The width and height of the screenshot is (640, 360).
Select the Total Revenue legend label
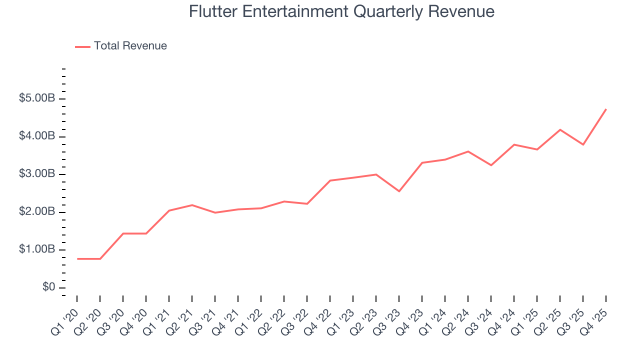[x=130, y=46]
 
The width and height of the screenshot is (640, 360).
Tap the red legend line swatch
[x=82, y=46]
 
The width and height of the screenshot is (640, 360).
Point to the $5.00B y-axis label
[x=37, y=98]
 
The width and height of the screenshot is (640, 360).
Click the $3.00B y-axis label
[x=37, y=174]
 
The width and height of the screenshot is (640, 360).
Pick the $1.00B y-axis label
[x=37, y=249]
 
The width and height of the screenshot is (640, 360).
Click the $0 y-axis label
[x=49, y=287]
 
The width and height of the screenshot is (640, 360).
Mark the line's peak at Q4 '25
[x=606, y=109]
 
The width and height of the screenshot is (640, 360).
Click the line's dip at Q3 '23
[x=399, y=191]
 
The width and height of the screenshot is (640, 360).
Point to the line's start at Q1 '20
[x=77, y=258]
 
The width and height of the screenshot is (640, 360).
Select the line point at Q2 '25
[x=560, y=129]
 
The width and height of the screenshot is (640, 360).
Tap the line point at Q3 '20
[x=123, y=233]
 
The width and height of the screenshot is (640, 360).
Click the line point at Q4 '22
[x=330, y=180]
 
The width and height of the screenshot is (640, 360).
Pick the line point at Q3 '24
[x=491, y=165]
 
